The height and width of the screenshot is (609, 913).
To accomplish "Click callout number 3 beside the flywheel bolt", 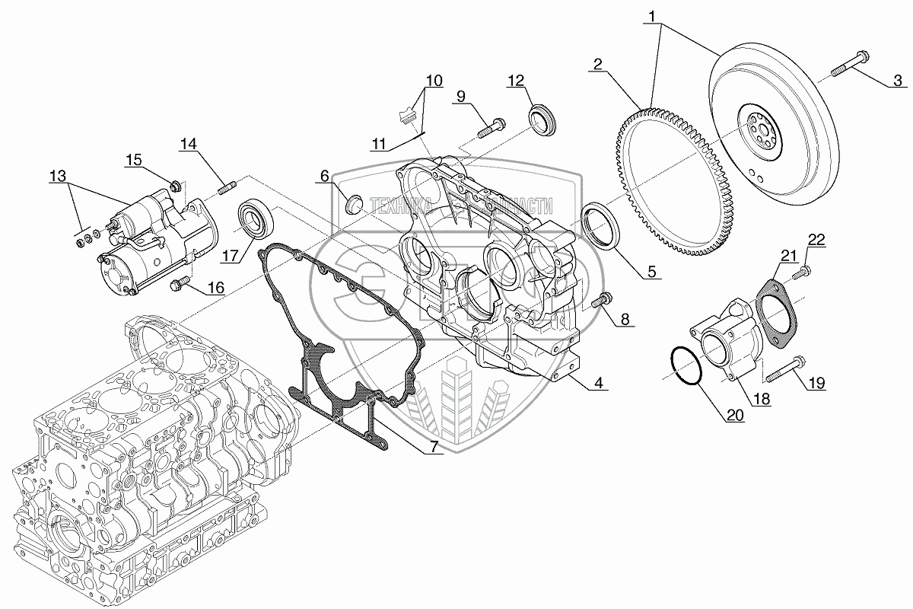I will pyautogui.click(x=898, y=80).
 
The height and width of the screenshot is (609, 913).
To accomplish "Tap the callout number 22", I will pyautogui.click(x=816, y=239).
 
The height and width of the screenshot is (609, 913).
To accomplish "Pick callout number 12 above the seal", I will pyautogui.click(x=515, y=80).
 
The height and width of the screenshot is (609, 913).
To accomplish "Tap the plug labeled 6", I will pyautogui.click(x=352, y=203).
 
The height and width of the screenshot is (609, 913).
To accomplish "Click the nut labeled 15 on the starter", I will pyautogui.click(x=177, y=186).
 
